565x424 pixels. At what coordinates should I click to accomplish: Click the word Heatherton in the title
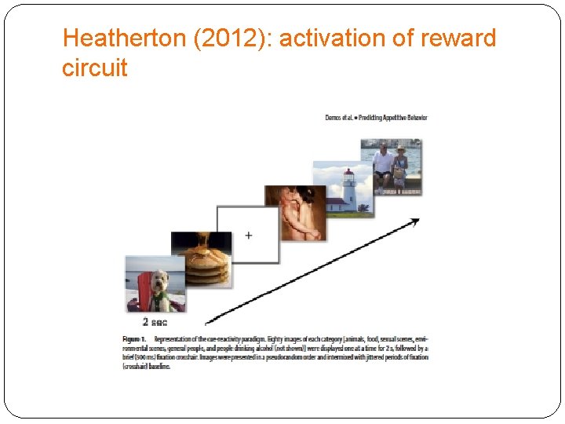point(124,38)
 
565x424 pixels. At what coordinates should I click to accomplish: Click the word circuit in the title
point(94,68)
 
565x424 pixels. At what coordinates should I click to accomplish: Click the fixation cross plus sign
point(248,236)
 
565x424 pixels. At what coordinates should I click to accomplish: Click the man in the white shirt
point(384,165)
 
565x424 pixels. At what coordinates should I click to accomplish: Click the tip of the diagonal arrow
point(417,220)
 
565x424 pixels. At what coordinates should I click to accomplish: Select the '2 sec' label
point(155,322)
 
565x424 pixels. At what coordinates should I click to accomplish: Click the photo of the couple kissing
point(296,212)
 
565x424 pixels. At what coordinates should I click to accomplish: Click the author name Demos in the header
point(332,118)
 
